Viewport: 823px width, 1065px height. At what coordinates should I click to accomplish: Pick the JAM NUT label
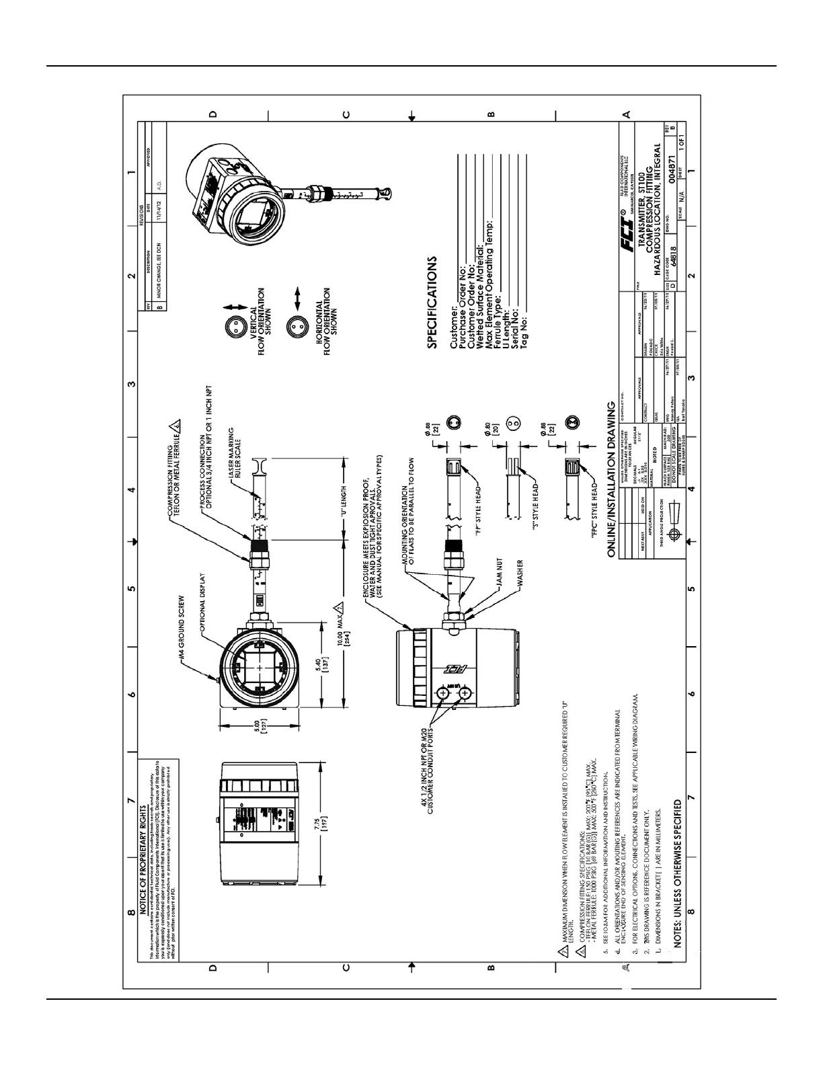(500, 571)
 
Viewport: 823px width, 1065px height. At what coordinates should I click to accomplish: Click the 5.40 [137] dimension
(324, 664)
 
